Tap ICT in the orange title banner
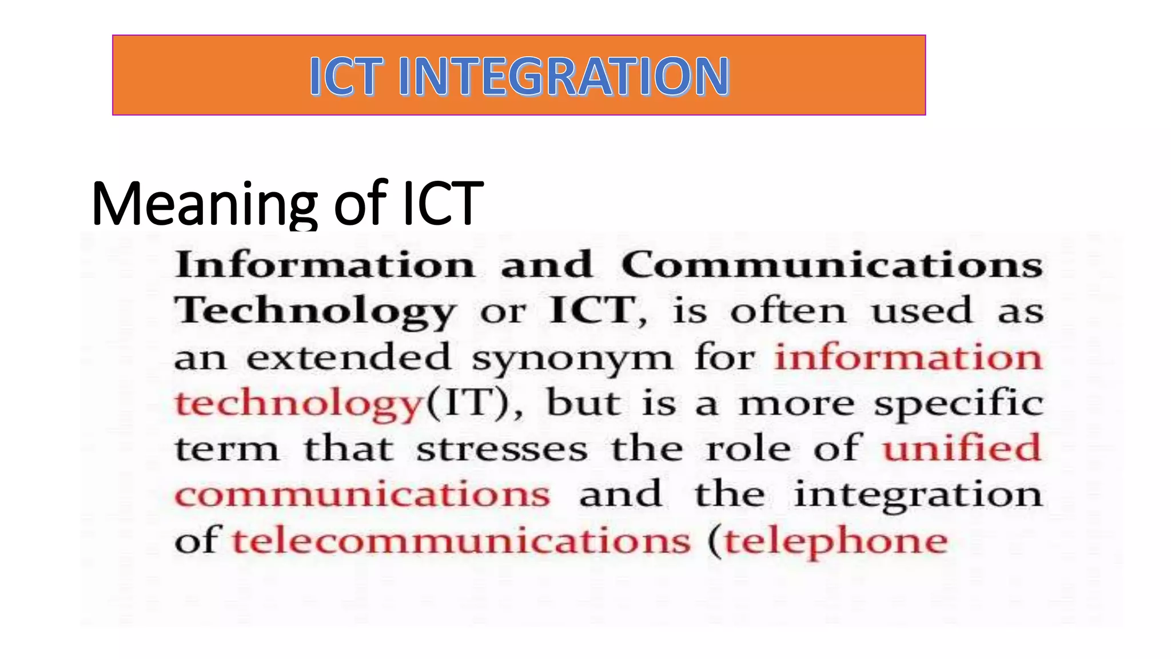345,76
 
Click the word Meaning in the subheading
204,204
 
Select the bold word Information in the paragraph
325,265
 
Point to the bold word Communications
832,265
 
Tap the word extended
349,357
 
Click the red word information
909,357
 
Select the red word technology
298,404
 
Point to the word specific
958,404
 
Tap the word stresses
501,449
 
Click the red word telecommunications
461,541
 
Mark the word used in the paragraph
921,311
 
